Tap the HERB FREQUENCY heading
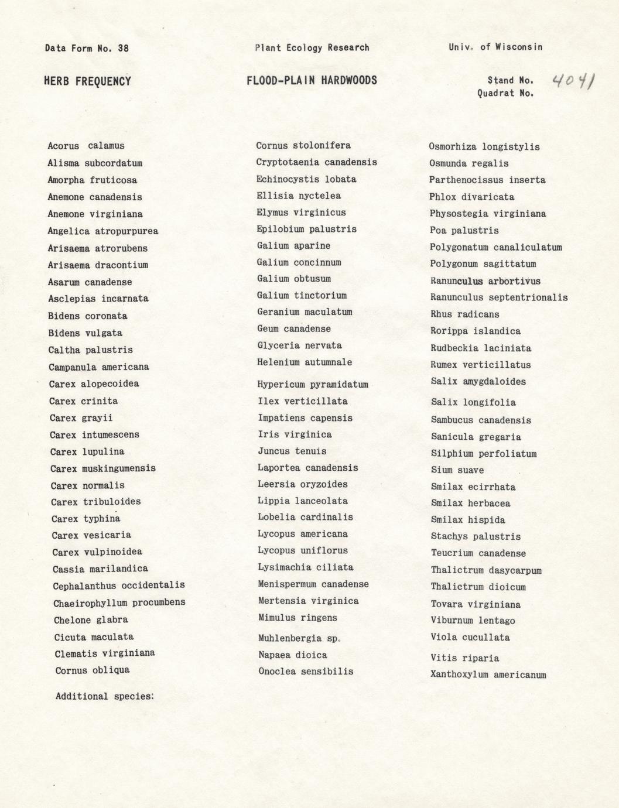click(x=87, y=81)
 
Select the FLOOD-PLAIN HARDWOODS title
click(x=312, y=80)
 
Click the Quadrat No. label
click(x=505, y=93)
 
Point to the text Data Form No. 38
click(x=87, y=48)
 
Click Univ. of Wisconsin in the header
click(x=495, y=47)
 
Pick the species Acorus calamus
click(x=86, y=146)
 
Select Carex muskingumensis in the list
click(x=103, y=468)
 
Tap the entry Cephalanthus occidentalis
click(x=119, y=585)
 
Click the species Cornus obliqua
click(x=93, y=670)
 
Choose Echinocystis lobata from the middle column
click(x=306, y=179)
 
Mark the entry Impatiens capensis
click(x=305, y=418)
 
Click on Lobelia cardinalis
click(x=305, y=517)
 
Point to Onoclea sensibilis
click(x=306, y=672)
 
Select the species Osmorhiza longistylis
click(x=484, y=147)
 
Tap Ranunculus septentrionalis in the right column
click(x=499, y=297)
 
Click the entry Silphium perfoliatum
click(x=484, y=454)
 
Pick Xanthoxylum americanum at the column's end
click(x=488, y=675)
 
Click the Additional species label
click(x=104, y=696)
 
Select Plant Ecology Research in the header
click(x=312, y=47)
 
